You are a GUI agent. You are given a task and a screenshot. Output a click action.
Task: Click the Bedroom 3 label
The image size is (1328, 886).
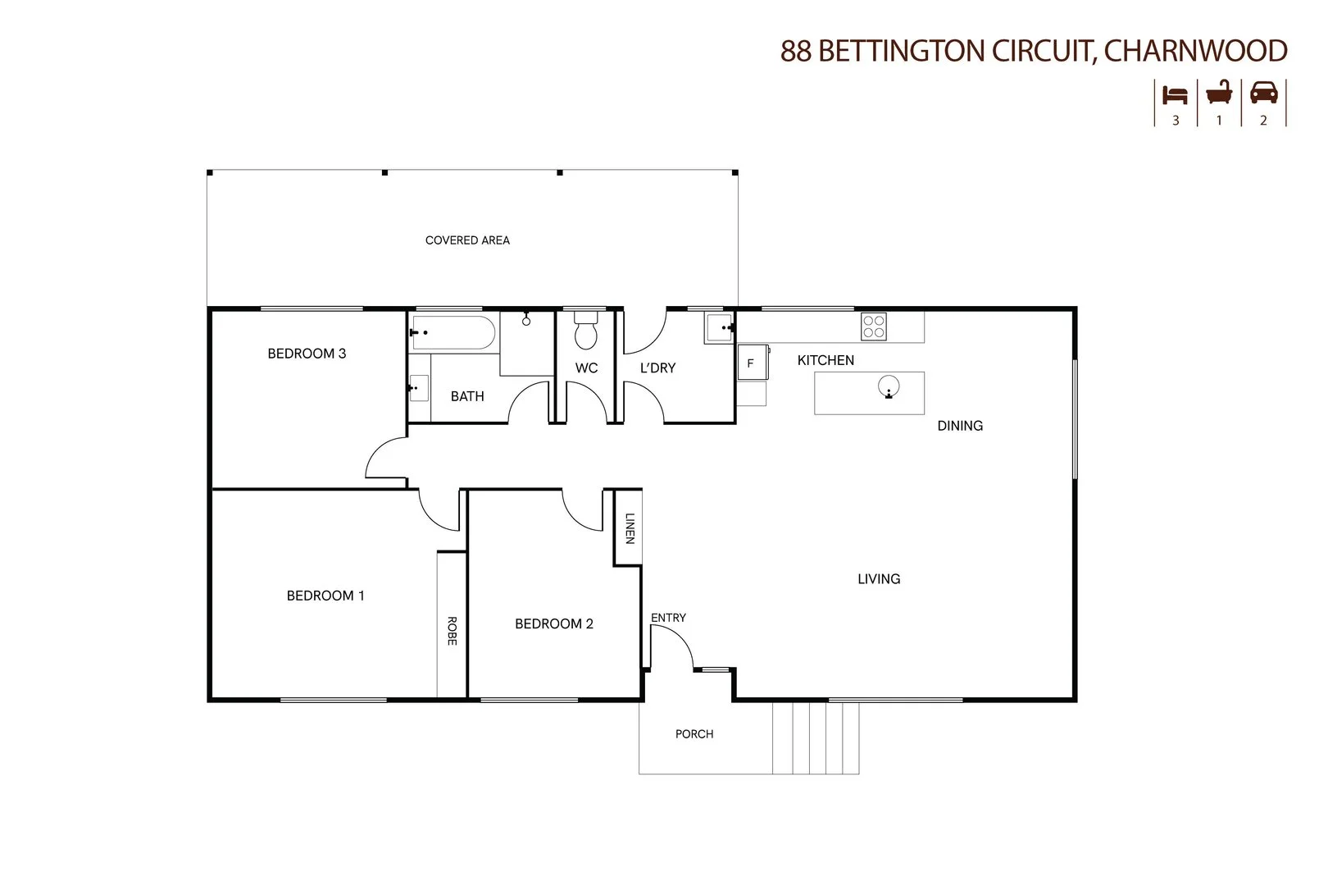pyautogui.click(x=307, y=354)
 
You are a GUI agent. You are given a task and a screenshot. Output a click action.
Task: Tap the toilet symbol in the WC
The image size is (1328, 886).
pyautogui.click(x=586, y=331)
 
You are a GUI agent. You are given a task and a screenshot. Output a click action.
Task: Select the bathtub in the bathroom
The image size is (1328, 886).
pyautogui.click(x=453, y=333)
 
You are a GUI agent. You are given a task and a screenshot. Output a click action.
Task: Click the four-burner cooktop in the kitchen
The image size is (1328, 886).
pyautogui.click(x=873, y=327)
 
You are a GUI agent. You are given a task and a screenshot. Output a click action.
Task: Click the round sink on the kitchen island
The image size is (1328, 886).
pyautogui.click(x=889, y=386)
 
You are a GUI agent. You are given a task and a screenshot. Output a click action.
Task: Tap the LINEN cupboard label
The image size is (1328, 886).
pyautogui.click(x=630, y=527)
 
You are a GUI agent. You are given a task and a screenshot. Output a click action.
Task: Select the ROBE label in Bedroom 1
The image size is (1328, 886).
pyautogui.click(x=452, y=630)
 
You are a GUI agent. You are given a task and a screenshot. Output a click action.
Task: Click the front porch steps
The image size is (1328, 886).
pyautogui.click(x=816, y=738)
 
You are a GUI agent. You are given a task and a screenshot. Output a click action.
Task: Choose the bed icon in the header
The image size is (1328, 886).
pyautogui.click(x=1176, y=95)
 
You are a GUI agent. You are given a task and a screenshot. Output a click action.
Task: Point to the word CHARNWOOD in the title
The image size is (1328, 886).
pyautogui.click(x=1196, y=51)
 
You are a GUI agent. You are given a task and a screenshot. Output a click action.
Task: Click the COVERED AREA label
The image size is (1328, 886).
pyautogui.click(x=467, y=240)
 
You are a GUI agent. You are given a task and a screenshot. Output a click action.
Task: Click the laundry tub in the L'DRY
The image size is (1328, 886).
pyautogui.click(x=718, y=328)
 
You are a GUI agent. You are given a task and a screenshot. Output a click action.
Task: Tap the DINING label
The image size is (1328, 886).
pyautogui.click(x=960, y=426)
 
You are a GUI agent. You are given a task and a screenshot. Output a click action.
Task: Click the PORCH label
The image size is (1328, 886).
pyautogui.click(x=694, y=734)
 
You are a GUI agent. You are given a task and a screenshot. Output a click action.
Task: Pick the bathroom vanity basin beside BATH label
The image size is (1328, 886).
pyautogui.click(x=418, y=387)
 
